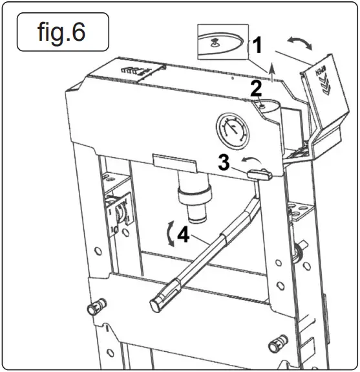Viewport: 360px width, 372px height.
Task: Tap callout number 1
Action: point(257,46)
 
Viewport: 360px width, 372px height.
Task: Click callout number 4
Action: point(184,235)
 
